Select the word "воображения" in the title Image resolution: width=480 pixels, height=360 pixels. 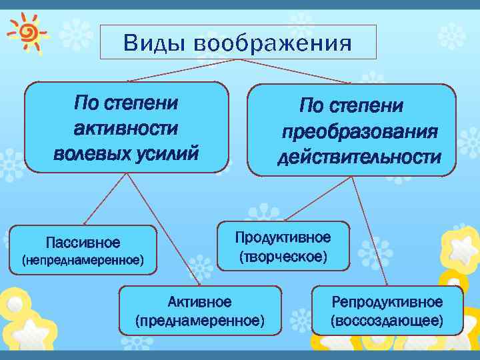click(x=273, y=44)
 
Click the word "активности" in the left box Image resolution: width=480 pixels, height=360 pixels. click(x=126, y=128)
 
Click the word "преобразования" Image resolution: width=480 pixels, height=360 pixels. click(x=359, y=131)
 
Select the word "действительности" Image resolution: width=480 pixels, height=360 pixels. click(x=359, y=157)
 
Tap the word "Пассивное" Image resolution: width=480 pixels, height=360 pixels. click(x=83, y=241)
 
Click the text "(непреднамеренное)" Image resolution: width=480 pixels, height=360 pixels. click(x=83, y=259)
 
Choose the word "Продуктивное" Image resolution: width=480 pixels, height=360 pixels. click(x=283, y=238)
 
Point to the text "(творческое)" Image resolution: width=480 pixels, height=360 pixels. click(x=283, y=256)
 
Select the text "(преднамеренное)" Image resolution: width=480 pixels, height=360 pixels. click(x=199, y=321)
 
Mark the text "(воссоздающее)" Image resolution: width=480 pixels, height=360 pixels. click(x=387, y=321)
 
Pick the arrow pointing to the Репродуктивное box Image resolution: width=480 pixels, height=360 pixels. click(x=370, y=230)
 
